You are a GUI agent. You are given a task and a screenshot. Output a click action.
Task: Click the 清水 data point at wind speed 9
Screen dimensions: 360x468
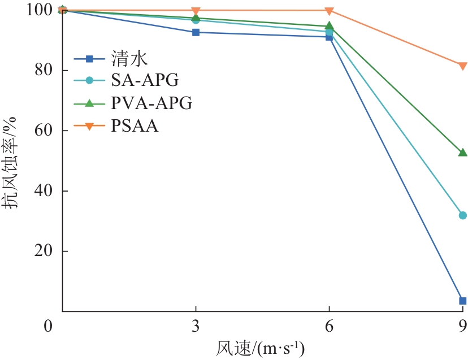[x=462, y=301]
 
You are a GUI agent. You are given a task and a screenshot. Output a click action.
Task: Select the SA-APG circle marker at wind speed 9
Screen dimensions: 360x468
[x=462, y=215]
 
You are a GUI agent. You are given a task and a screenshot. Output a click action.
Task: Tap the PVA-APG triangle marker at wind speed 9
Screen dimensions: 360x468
[x=462, y=153]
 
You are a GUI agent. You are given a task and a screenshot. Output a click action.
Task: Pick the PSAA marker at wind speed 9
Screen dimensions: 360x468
[x=462, y=66]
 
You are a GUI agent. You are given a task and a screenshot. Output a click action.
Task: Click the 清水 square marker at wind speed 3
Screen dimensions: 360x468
[x=196, y=32]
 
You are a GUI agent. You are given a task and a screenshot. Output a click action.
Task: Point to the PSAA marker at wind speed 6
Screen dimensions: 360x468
[x=329, y=11]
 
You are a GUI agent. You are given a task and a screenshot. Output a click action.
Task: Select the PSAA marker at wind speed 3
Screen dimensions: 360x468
[x=196, y=11]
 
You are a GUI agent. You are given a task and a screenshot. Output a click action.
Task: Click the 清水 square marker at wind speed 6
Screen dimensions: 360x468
[x=329, y=37]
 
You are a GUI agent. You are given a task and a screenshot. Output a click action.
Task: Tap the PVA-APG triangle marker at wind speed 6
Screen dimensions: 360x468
[x=329, y=26]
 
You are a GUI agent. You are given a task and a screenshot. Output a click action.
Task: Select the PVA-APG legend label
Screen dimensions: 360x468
[x=151, y=103]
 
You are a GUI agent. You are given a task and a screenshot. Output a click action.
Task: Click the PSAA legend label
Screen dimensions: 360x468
[x=135, y=126]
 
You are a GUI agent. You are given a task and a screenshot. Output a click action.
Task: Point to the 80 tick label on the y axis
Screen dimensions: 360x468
[x=45, y=71]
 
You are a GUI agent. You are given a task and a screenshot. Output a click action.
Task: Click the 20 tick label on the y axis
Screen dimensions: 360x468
[x=45, y=251]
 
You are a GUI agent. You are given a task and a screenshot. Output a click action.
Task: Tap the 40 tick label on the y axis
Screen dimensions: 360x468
[x=45, y=191]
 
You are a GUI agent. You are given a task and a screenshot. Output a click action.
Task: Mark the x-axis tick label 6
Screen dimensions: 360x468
[x=329, y=327]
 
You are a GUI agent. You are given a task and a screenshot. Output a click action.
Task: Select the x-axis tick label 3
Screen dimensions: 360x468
[x=196, y=327]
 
